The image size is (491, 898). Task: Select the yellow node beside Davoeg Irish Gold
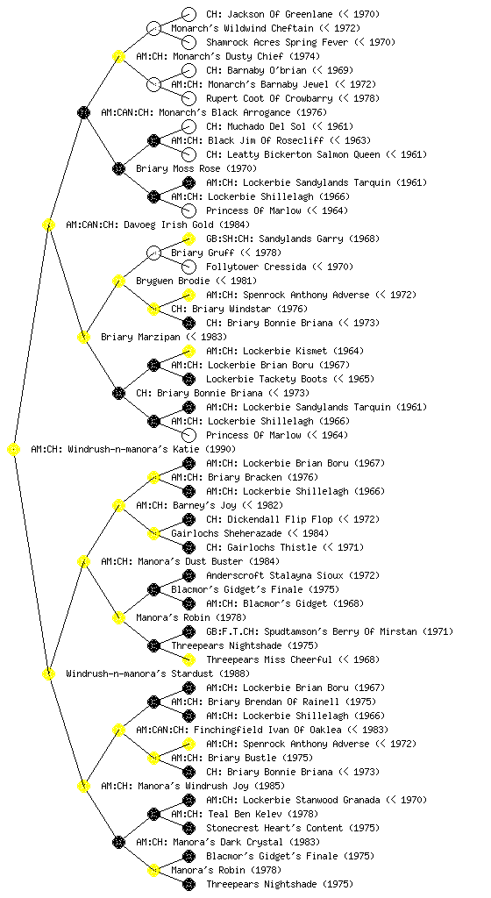48,224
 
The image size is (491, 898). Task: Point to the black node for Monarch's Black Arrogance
83,112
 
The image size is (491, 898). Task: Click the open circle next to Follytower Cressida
189,267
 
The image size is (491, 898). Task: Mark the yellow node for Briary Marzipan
83,337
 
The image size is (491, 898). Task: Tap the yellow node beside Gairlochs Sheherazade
153,533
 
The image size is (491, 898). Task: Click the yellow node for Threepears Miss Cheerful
189,659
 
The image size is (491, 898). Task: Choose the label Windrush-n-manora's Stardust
139,673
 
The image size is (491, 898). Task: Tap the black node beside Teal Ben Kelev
153,814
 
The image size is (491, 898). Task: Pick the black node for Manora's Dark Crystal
118,842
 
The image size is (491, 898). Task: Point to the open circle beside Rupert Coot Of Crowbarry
189,98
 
